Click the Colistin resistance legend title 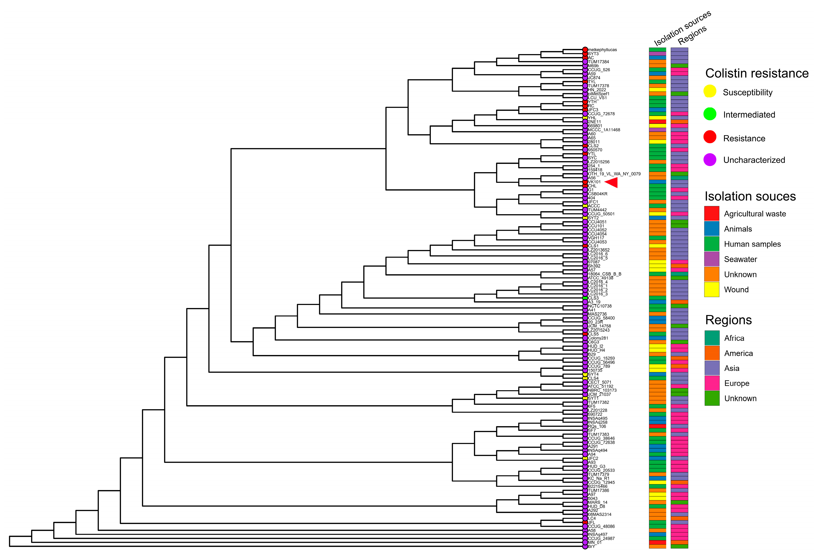[x=757, y=73]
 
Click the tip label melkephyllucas [x=602, y=50]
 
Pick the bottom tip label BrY [x=591, y=546]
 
